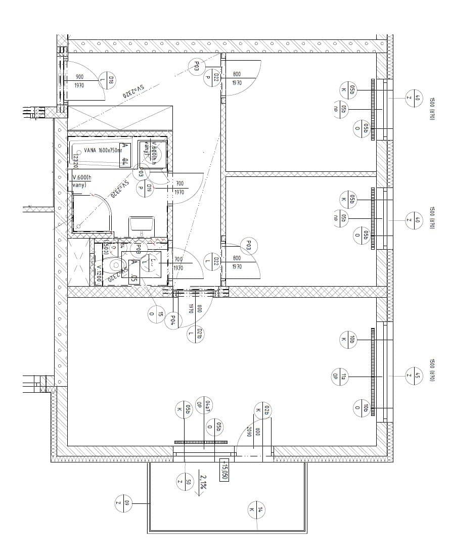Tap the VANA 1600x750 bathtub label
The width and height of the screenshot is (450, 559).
pyautogui.click(x=103, y=150)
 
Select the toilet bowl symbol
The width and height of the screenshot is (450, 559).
pyautogui.click(x=116, y=264)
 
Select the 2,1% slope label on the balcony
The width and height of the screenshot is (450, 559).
pyautogui.click(x=203, y=484)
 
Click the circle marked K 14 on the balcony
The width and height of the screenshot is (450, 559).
pyautogui.click(x=256, y=509)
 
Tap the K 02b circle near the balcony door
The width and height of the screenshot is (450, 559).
pyautogui.click(x=263, y=410)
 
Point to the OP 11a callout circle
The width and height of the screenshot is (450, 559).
pyautogui.click(x=339, y=376)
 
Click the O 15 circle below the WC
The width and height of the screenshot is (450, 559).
pyautogui.click(x=156, y=314)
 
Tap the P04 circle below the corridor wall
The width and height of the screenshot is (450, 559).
pyautogui.click(x=173, y=319)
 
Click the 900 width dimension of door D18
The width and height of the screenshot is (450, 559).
pyautogui.click(x=79, y=77)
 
